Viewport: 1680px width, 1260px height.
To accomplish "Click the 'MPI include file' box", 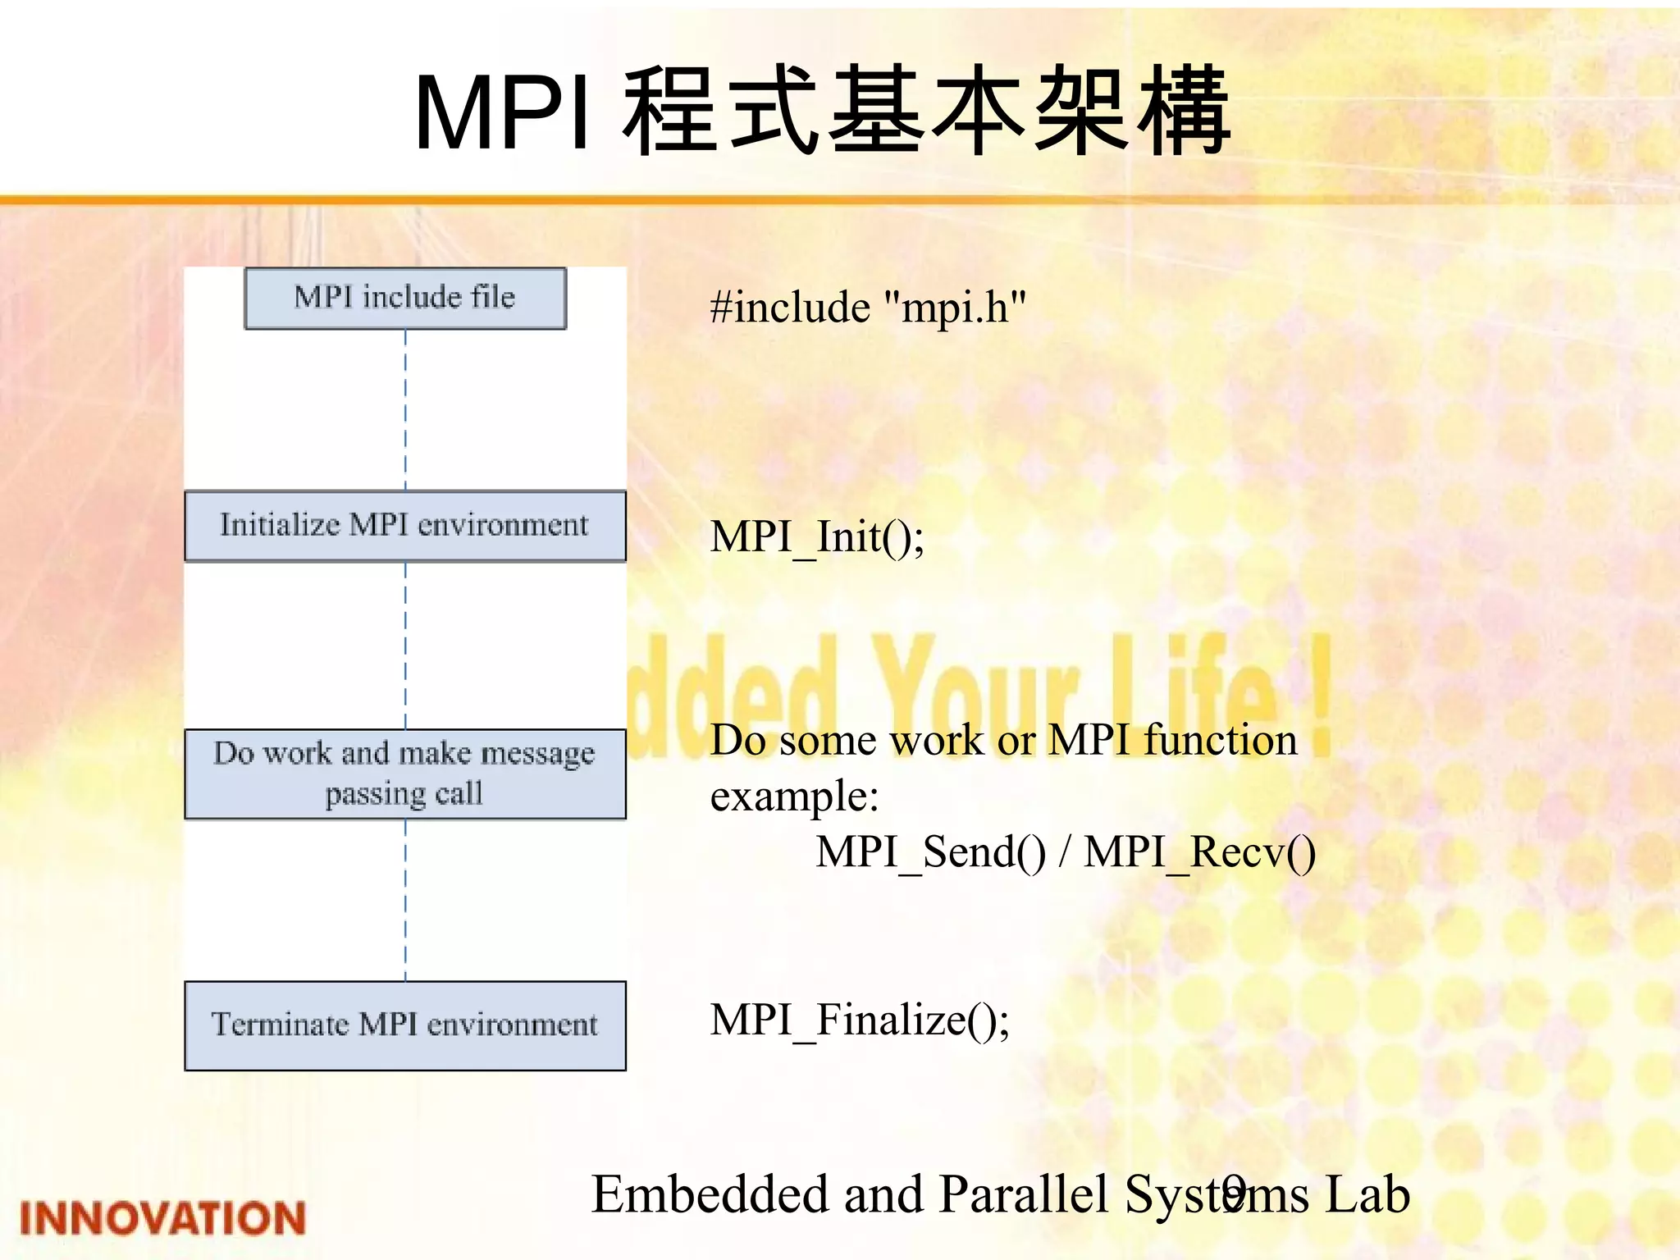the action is tap(405, 299).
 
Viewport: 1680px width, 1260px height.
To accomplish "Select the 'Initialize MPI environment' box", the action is tap(405, 526).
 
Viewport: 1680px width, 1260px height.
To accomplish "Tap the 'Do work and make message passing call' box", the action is tap(405, 774).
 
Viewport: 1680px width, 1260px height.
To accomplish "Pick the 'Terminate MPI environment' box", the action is tap(405, 1025).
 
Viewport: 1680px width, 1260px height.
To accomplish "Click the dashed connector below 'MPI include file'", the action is tap(405, 410).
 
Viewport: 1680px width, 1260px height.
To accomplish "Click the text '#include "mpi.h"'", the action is tap(868, 308).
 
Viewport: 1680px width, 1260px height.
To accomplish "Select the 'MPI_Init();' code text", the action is tap(817, 538).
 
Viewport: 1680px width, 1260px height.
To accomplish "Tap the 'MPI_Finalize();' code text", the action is tap(860, 1020).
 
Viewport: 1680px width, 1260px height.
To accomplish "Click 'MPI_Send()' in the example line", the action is tap(930, 852).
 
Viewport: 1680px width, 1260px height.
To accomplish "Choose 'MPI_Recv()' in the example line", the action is tap(1199, 852).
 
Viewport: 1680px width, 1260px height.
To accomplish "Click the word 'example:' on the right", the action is tap(794, 797).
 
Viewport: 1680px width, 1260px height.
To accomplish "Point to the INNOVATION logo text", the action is tap(162, 1218).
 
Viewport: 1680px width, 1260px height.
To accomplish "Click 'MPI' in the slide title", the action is tap(502, 113).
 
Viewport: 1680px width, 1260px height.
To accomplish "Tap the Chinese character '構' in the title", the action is tap(1183, 113).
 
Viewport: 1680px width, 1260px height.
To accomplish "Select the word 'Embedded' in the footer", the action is tap(710, 1194).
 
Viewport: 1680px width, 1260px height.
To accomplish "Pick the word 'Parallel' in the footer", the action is tap(1024, 1194).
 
